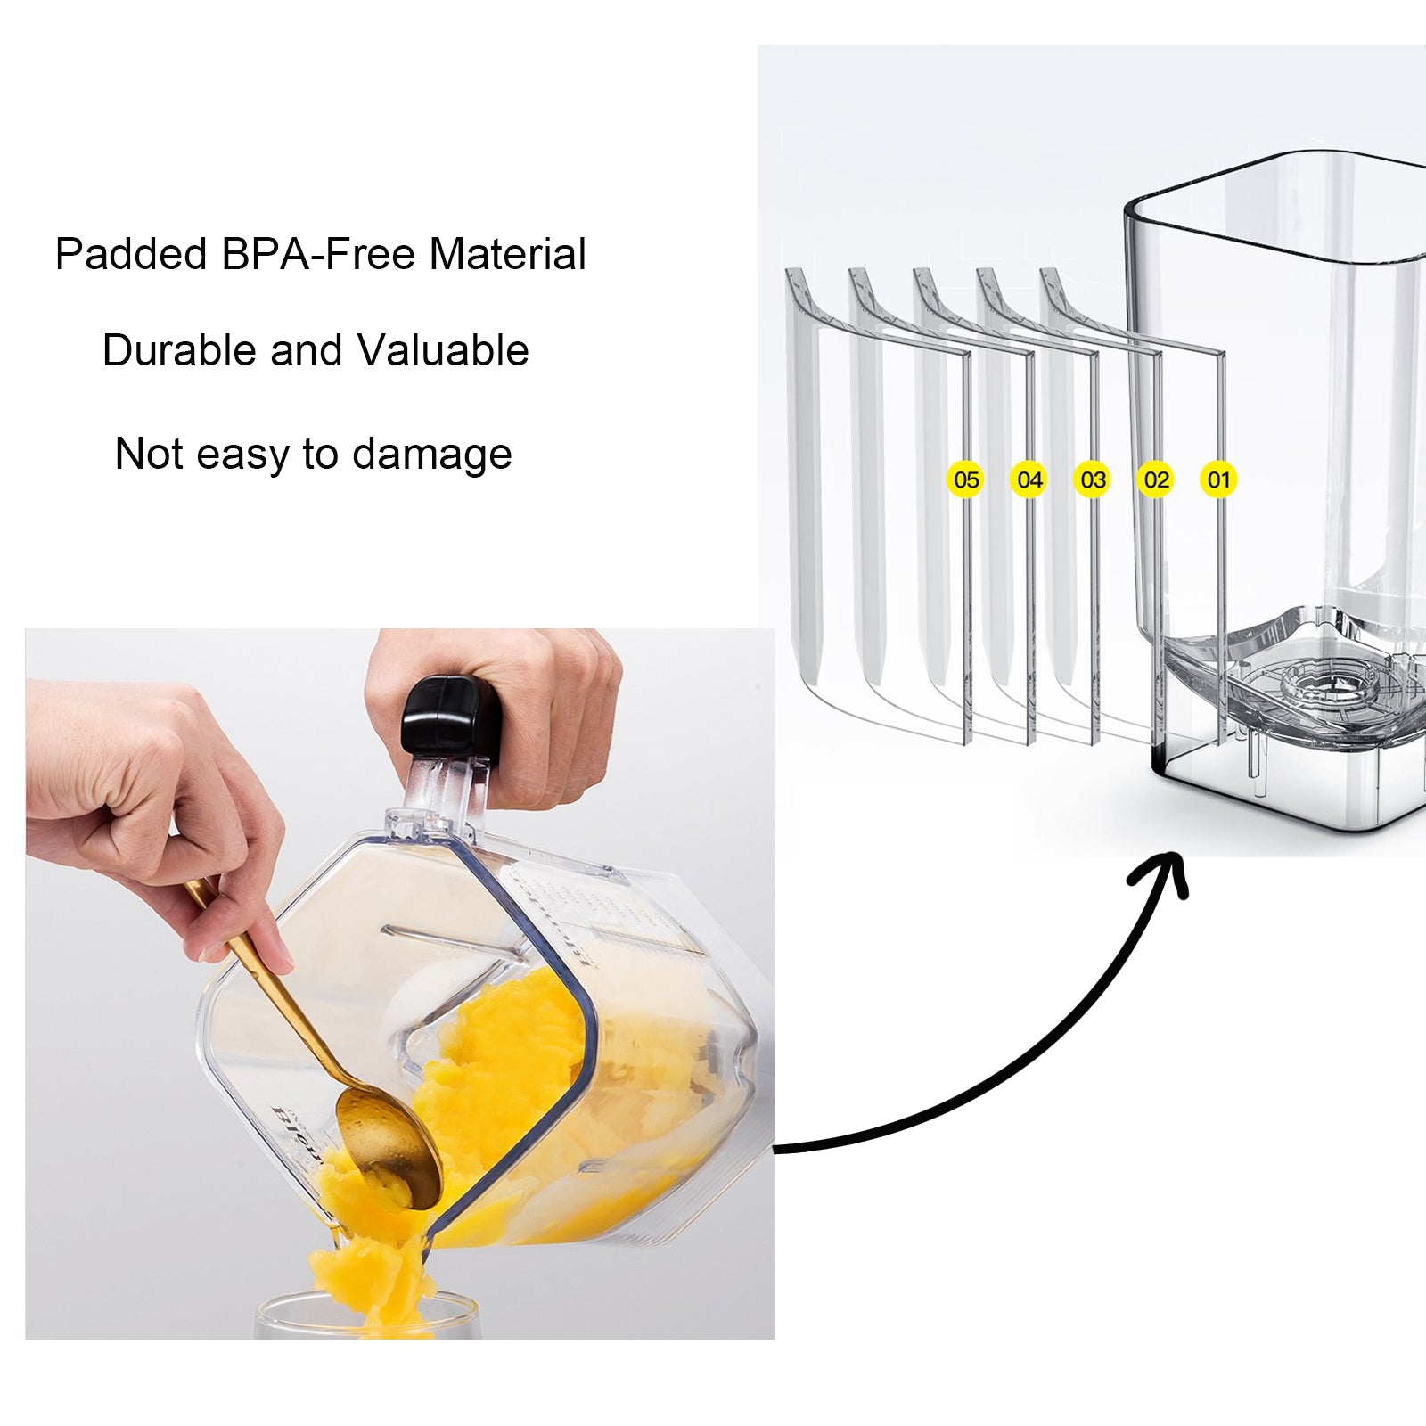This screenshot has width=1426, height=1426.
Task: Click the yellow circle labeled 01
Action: tap(1218, 479)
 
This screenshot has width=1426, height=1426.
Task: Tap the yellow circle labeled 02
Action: tap(1156, 479)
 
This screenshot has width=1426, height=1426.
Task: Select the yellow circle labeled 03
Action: tap(1093, 479)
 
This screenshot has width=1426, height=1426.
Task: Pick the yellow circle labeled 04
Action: tap(1029, 479)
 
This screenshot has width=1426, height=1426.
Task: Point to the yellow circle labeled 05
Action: tap(966, 479)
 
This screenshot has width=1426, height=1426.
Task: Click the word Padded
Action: tap(131, 255)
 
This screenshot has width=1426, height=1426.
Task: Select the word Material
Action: tap(507, 255)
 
